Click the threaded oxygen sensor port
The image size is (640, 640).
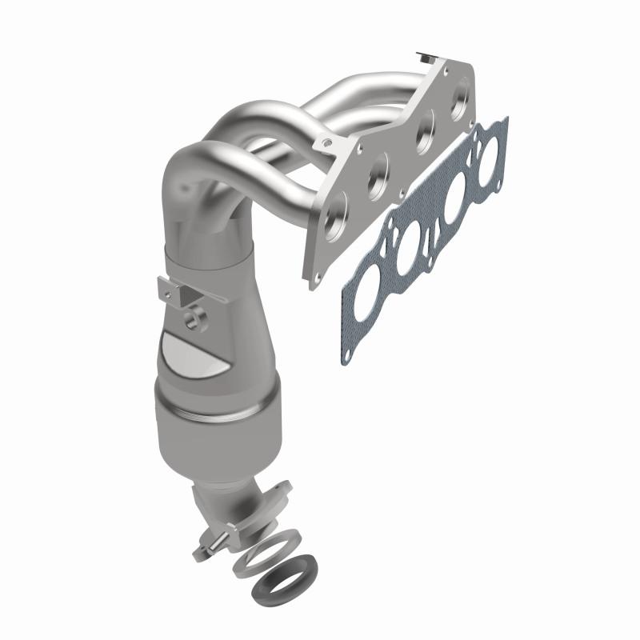[194, 320]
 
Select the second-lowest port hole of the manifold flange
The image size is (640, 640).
[378, 178]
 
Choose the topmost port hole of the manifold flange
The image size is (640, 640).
[463, 103]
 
